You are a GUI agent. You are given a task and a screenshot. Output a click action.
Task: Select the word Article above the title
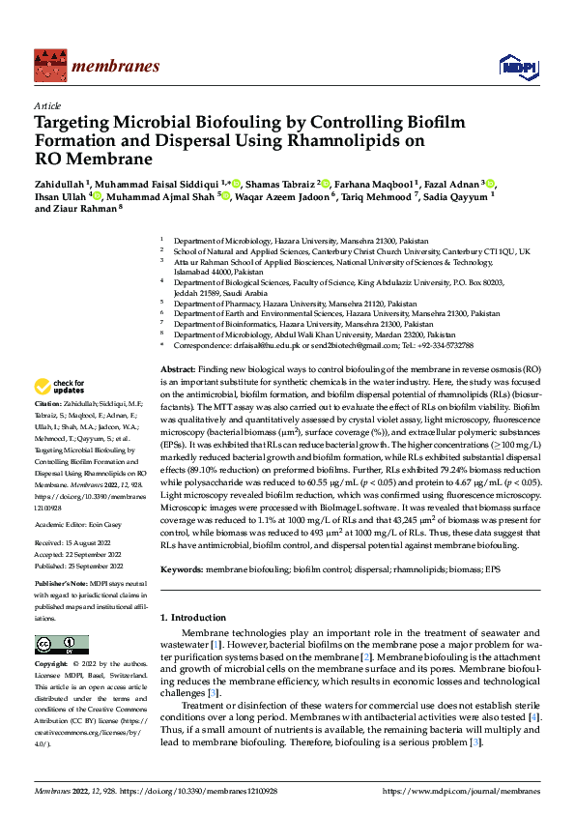pyautogui.click(x=46, y=105)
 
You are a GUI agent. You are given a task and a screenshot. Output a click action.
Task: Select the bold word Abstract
pyautogui.click(x=177, y=370)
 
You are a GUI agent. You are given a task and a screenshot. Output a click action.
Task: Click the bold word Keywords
pyautogui.click(x=182, y=570)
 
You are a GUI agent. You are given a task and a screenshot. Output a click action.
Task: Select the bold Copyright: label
pyautogui.click(x=52, y=664)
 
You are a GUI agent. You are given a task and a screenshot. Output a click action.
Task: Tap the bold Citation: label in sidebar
pyautogui.click(x=47, y=404)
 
